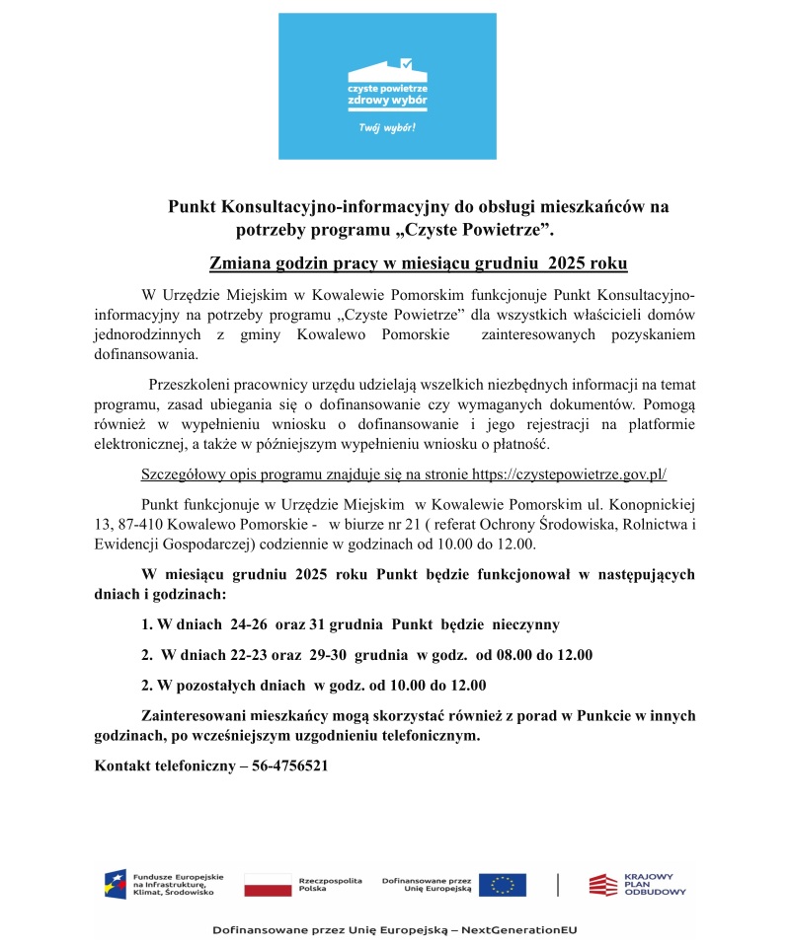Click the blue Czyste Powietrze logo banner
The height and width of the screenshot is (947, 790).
pos(387,86)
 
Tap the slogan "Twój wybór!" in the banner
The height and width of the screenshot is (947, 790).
pos(387,129)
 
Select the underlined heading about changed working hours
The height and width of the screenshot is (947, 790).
pos(419,263)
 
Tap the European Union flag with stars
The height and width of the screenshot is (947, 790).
pos(503,884)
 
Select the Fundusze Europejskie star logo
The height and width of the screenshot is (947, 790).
pos(116,884)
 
